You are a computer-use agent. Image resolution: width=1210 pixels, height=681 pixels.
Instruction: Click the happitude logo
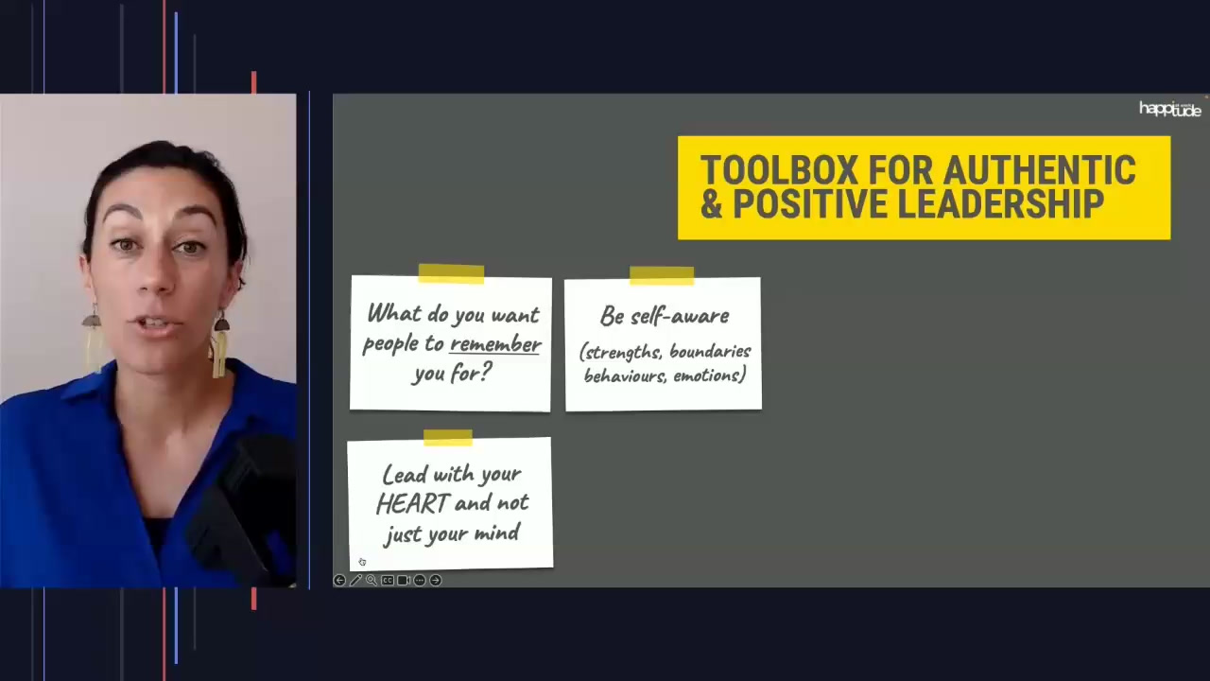(1169, 110)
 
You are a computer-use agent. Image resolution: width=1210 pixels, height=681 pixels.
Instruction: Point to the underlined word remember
(495, 344)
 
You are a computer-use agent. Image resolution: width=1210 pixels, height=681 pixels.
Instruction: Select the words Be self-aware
(664, 316)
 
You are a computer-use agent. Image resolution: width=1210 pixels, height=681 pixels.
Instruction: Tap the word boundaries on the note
(710, 352)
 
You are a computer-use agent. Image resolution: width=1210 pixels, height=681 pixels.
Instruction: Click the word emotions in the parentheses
(709, 375)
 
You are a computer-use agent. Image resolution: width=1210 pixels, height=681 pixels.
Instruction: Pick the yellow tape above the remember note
(451, 273)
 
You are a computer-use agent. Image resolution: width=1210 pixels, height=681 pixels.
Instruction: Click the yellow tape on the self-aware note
(662, 275)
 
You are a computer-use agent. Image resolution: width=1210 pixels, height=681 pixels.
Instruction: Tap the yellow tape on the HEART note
(447, 437)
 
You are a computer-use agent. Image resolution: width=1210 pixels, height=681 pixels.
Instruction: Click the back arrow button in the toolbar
(339, 580)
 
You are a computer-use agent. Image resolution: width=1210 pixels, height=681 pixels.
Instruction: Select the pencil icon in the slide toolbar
(355, 580)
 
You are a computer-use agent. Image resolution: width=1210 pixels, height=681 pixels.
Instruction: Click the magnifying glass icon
(372, 580)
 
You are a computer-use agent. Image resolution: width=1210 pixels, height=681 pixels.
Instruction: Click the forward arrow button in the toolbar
(436, 580)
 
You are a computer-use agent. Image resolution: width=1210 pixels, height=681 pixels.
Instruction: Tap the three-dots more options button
(420, 580)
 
